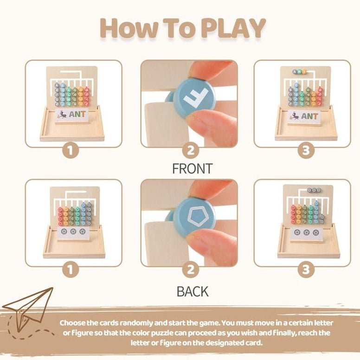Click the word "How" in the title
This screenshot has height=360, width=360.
pos(127,29)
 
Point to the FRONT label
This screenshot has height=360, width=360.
pos(192,168)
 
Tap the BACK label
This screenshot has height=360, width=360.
pos(192,291)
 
